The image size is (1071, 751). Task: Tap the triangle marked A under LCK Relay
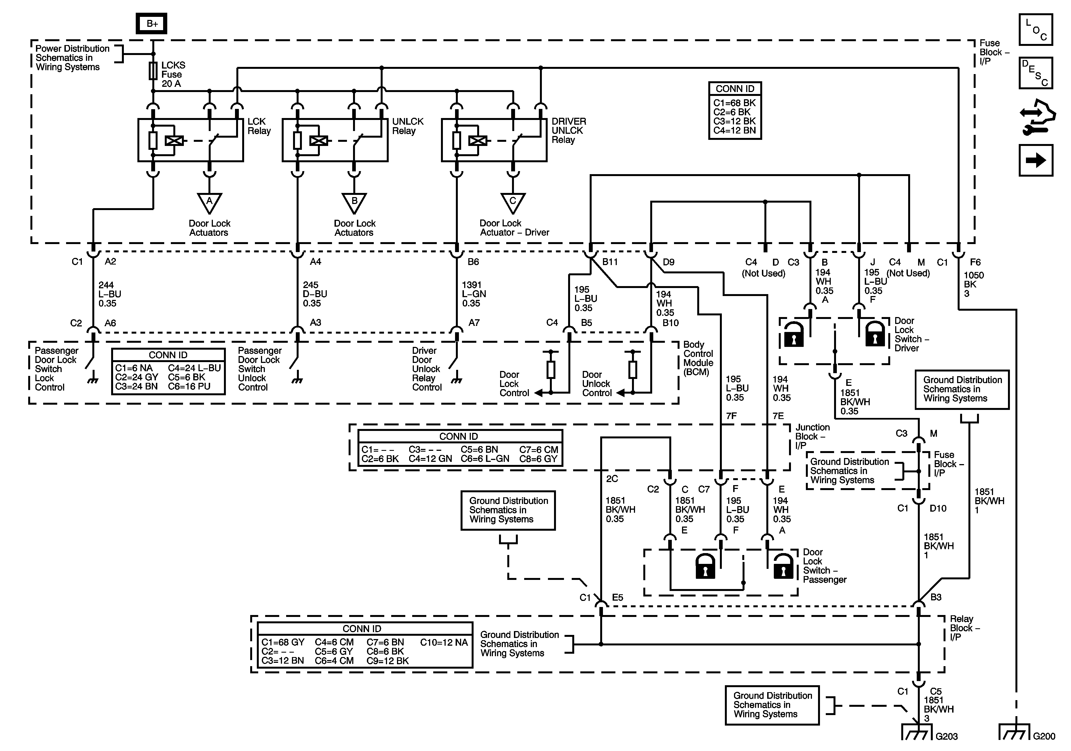pyautogui.click(x=210, y=202)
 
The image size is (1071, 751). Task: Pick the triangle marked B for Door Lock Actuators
pyautogui.click(x=354, y=202)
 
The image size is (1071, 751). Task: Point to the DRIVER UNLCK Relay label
pyautogui.click(x=569, y=131)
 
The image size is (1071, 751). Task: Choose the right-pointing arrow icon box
pyautogui.click(x=1036, y=161)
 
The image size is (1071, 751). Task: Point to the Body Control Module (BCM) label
pyautogui.click(x=698, y=358)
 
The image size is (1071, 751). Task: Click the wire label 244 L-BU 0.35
pyautogui.click(x=110, y=294)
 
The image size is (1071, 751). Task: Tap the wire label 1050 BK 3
pyautogui.click(x=973, y=284)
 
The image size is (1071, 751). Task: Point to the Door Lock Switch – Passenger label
pyautogui.click(x=824, y=566)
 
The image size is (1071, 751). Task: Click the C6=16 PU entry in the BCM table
pyautogui.click(x=189, y=386)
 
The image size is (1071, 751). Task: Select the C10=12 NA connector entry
pyautogui.click(x=444, y=642)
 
